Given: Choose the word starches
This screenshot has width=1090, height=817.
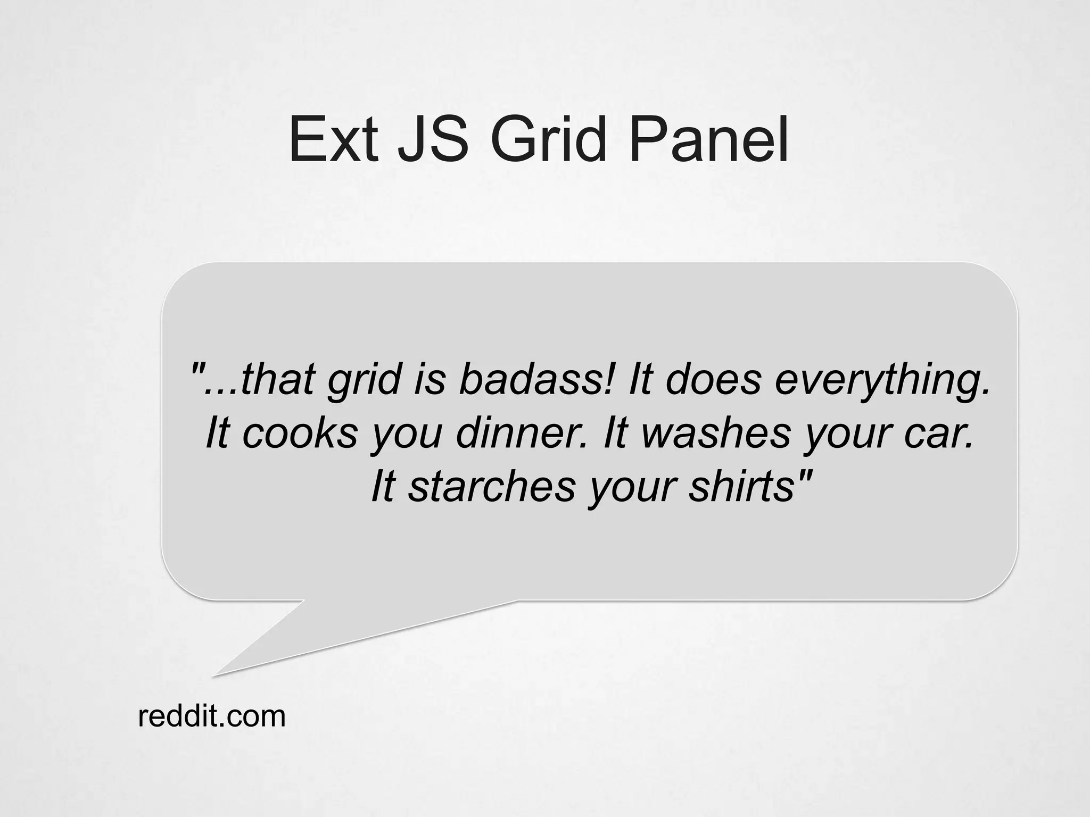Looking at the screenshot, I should coord(492,487).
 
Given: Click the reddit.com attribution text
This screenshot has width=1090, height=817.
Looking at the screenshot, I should coord(212,716).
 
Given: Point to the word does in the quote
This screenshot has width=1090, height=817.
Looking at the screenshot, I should coord(713,380).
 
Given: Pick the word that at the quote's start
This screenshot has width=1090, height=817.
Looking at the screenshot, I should coord(277,380).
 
